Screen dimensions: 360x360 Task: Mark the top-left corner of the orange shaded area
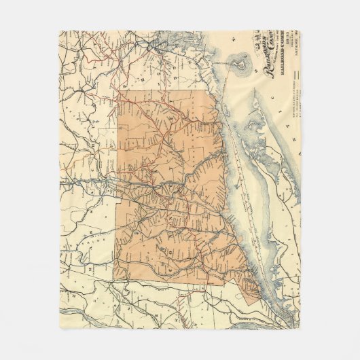point(119,92)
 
